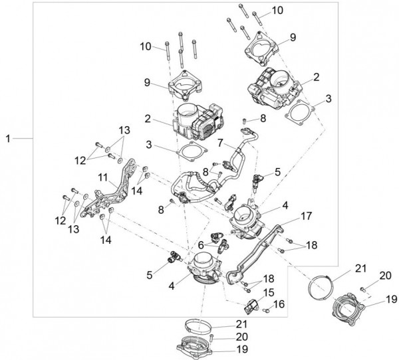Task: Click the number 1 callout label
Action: pos(8,138)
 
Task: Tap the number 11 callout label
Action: pos(103,178)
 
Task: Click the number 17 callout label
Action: pos(307,215)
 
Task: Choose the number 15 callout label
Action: pos(269,292)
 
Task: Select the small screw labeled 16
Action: pos(265,310)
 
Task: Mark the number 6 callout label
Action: pos(200,245)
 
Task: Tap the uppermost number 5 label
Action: pos(277,171)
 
